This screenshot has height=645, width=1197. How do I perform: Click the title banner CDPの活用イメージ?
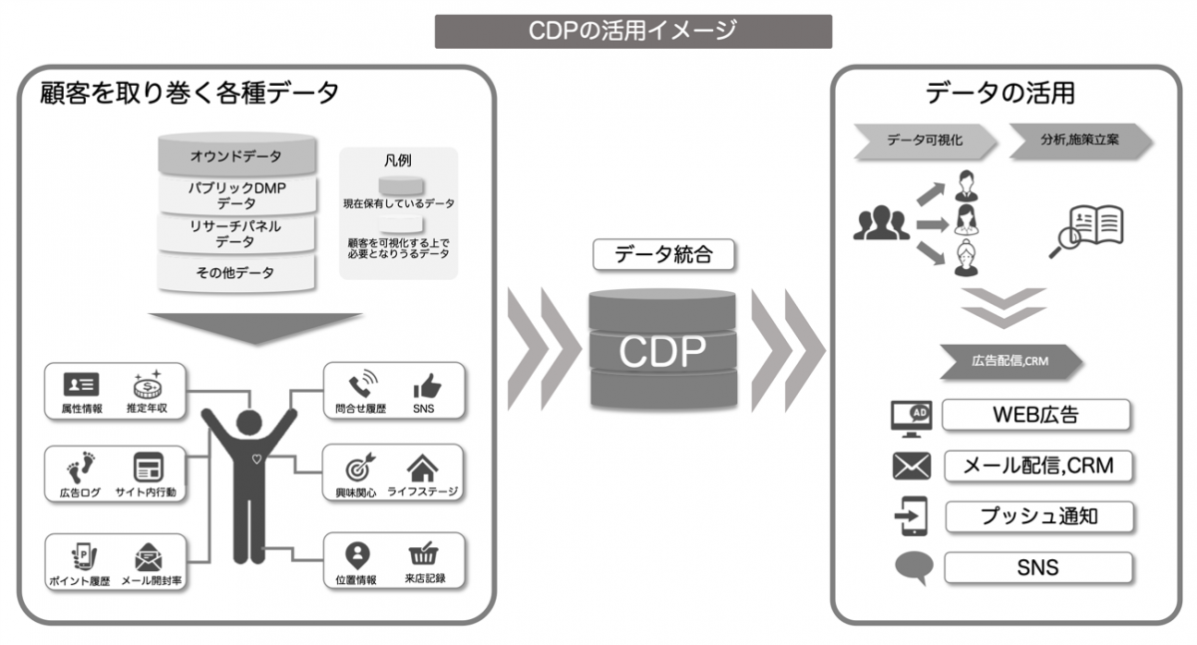(632, 31)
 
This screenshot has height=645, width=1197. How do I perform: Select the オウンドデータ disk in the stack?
(236, 156)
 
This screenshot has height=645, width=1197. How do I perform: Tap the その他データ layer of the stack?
(236, 272)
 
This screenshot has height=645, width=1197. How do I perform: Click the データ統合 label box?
(663, 254)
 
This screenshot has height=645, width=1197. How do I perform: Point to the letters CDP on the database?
(662, 350)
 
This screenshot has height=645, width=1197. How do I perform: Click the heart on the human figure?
(257, 460)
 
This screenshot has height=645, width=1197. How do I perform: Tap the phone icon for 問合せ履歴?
(360, 385)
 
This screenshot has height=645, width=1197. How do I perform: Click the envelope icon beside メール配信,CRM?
(911, 467)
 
